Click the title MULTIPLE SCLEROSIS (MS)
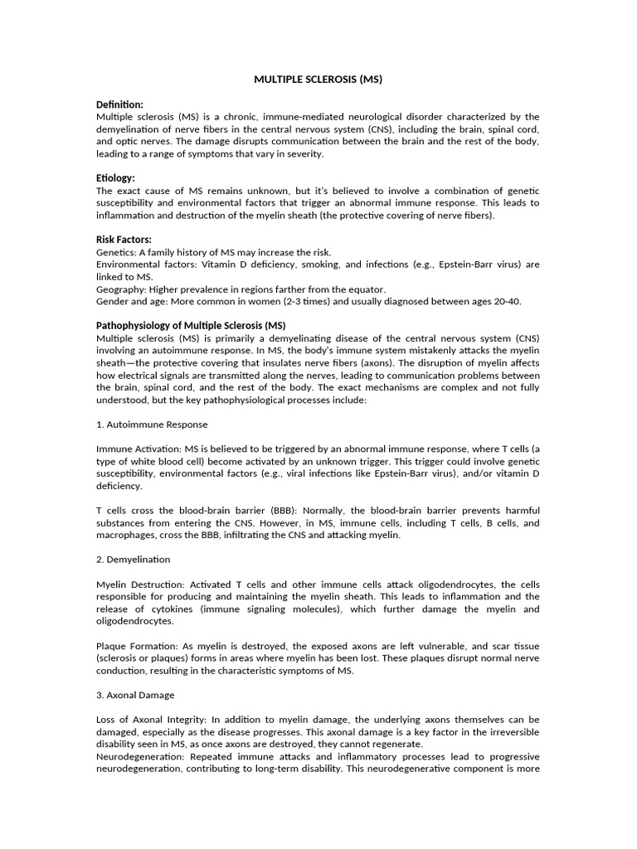point(318,80)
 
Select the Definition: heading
point(119,104)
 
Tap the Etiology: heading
point(115,178)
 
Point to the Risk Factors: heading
point(124,240)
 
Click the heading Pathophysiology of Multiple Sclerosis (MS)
point(191,325)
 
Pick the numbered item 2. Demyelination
point(134,560)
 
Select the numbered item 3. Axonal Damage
point(135,695)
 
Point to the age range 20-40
point(505,301)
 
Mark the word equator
point(367,289)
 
